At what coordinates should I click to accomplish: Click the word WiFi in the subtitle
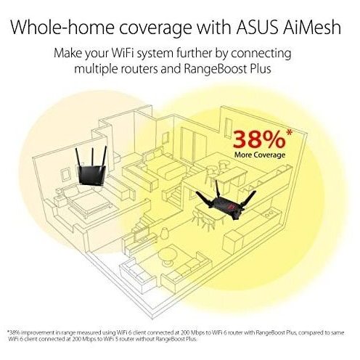[x=121, y=53]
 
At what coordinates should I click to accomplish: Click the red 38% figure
[x=259, y=139]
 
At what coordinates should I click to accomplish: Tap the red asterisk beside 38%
[x=289, y=132]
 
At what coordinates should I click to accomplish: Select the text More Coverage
[x=260, y=155]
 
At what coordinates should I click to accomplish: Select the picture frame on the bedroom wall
[x=65, y=175]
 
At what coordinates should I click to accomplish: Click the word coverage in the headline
[x=155, y=28]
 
